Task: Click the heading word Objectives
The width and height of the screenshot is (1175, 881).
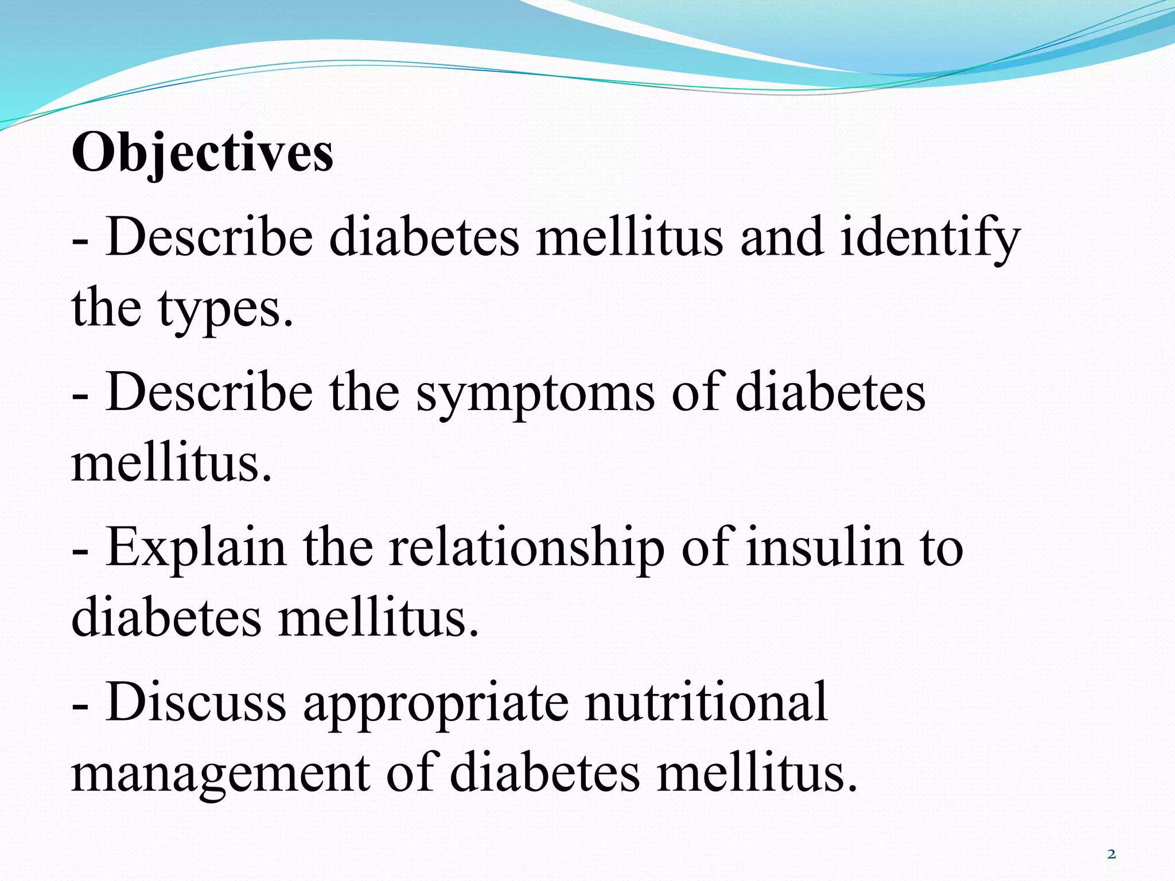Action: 202,153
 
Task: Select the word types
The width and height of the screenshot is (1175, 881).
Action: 225,309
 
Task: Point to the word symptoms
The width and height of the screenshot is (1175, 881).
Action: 535,392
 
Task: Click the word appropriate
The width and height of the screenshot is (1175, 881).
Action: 436,702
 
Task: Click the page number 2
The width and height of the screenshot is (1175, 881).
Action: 1111,855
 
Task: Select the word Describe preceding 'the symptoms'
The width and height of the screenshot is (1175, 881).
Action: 209,392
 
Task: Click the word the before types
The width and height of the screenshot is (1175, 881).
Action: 106,309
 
